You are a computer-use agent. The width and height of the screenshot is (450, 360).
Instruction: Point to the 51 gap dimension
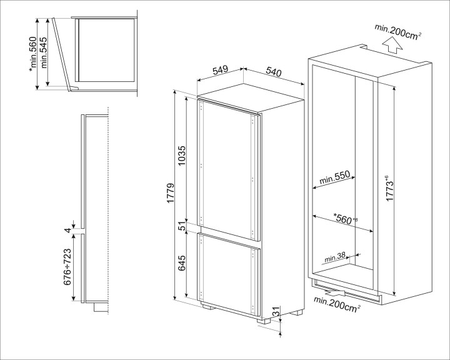click(182, 227)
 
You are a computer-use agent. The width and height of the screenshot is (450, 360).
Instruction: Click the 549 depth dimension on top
click(219, 71)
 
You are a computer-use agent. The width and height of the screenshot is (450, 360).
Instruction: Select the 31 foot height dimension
click(276, 311)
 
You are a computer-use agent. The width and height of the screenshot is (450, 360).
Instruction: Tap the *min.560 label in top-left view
click(32, 53)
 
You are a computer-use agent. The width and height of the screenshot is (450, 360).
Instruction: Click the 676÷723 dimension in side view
click(67, 266)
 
